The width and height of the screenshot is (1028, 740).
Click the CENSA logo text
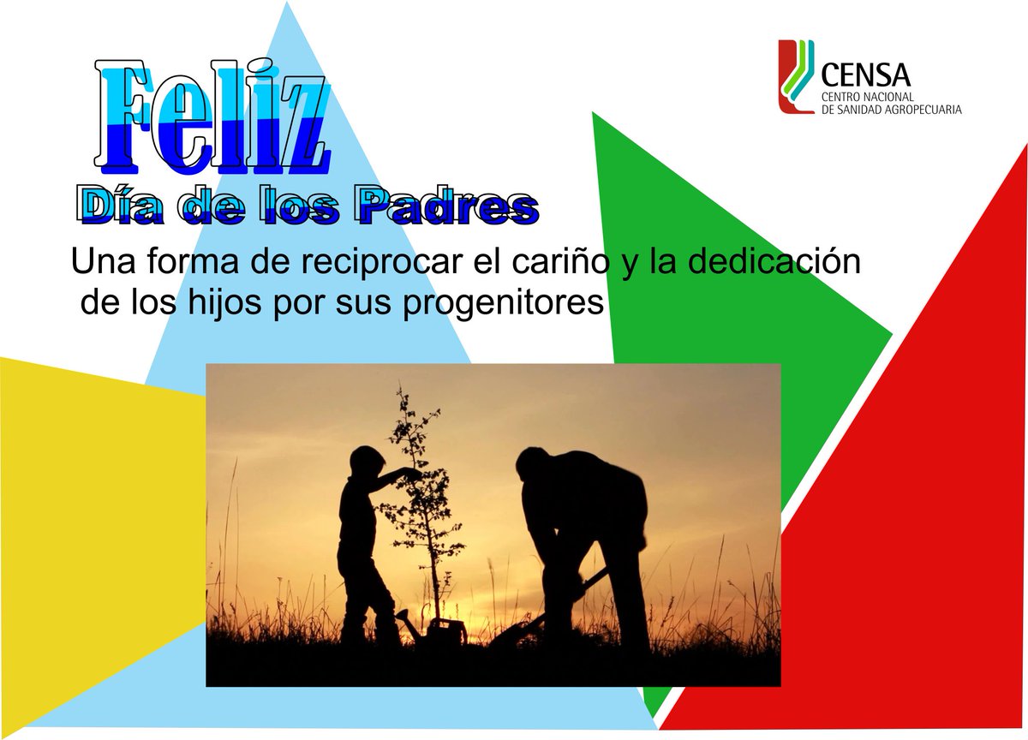tap(865, 73)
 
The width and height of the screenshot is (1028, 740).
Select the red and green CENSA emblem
tap(796, 77)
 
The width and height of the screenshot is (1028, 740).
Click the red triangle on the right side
tap(908, 514)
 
